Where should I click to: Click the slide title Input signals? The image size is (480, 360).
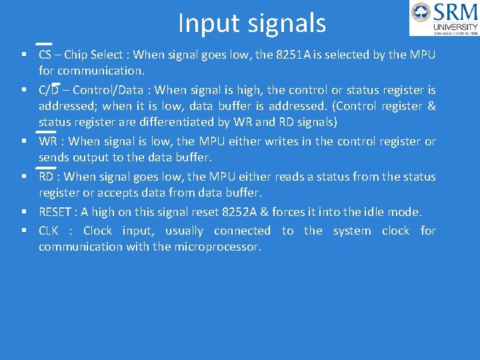[x=252, y=23]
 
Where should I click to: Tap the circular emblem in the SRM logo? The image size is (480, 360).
[x=421, y=13]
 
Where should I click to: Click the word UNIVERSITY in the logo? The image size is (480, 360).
[x=456, y=27]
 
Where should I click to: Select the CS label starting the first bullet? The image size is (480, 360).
[x=45, y=55]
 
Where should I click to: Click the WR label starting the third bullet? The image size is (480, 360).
[x=47, y=141]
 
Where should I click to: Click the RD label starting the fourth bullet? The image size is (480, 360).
[x=46, y=177]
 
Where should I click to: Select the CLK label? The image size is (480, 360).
[x=49, y=231]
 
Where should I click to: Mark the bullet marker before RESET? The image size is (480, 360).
[x=23, y=212]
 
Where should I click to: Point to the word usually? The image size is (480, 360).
[x=185, y=231]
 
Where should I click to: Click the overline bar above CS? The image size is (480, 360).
[x=44, y=44]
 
